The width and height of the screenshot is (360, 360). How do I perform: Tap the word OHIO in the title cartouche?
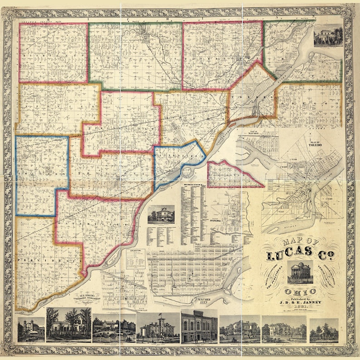pyautogui.click(x=300, y=292)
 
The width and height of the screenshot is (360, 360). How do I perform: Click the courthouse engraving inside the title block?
pyautogui.click(x=300, y=272)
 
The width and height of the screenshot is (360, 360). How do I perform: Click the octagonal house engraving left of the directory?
pyautogui.click(x=161, y=214)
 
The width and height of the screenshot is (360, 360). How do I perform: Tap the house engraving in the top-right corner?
pyautogui.click(x=327, y=35)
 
